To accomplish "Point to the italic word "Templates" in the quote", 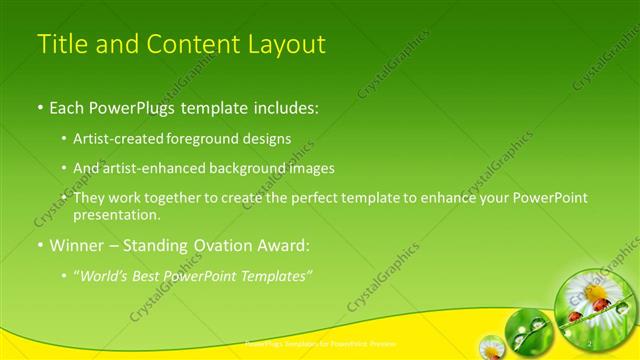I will [x=274, y=275].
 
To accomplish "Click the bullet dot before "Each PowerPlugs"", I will [x=40, y=106].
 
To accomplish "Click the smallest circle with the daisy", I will [x=490, y=348].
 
